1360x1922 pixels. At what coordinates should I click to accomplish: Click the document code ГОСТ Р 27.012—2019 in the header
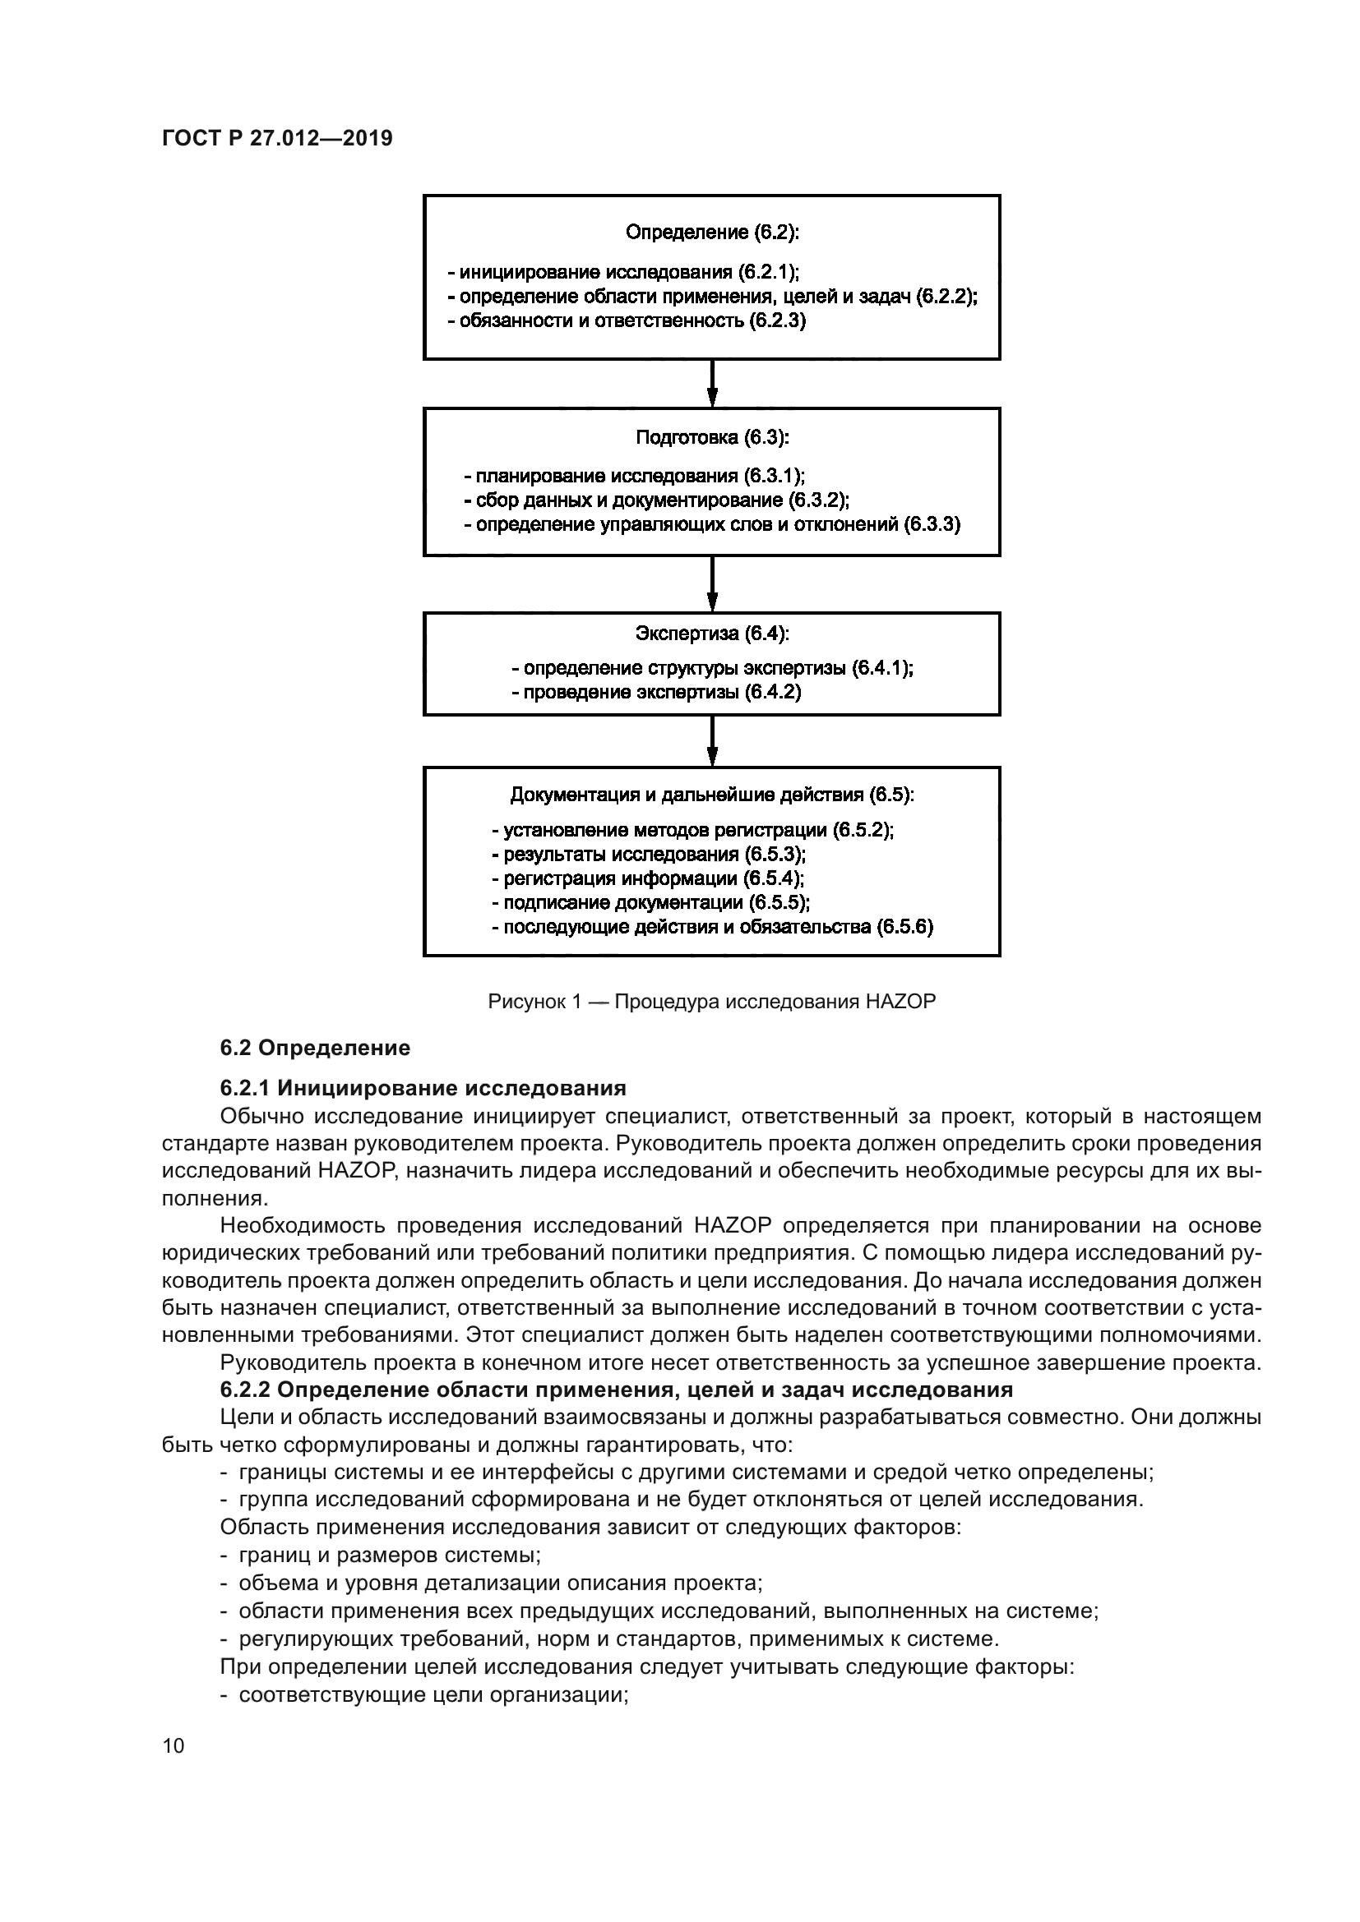click(x=276, y=139)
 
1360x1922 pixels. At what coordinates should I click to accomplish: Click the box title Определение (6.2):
click(x=712, y=232)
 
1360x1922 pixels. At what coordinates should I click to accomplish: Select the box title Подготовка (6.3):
click(x=712, y=437)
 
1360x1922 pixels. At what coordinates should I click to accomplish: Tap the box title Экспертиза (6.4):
click(x=712, y=634)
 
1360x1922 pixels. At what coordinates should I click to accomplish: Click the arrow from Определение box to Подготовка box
click(x=712, y=384)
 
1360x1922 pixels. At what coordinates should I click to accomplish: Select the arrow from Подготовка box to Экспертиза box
click(x=712, y=583)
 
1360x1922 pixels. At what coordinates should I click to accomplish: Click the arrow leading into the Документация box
click(x=712, y=740)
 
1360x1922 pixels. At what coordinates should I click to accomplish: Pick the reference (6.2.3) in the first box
click(x=776, y=320)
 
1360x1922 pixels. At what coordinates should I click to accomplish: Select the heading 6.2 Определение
click(x=315, y=1048)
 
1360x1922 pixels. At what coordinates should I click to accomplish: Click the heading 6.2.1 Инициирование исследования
click(x=423, y=1088)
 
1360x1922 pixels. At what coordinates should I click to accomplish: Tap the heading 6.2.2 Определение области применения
click(x=616, y=1390)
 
